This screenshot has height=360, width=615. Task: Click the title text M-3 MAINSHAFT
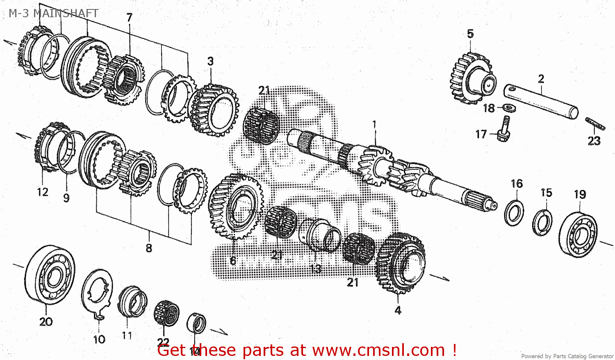click(x=53, y=13)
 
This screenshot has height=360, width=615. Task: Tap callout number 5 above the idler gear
click(x=470, y=34)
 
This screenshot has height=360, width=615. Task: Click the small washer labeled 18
click(x=509, y=108)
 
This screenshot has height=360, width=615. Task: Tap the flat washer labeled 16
click(x=514, y=212)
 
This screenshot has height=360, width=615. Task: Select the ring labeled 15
click(x=542, y=223)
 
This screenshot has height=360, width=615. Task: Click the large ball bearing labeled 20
click(x=50, y=275)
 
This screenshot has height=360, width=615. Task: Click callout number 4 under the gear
click(x=398, y=310)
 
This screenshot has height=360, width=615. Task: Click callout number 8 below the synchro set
click(x=149, y=248)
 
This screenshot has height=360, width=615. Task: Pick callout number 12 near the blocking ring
click(x=42, y=192)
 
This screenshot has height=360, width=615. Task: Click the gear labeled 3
click(x=213, y=109)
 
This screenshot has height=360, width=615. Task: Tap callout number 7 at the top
click(x=130, y=18)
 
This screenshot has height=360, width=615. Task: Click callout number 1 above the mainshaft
click(x=374, y=124)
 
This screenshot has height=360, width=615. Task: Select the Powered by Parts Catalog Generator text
click(x=567, y=356)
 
